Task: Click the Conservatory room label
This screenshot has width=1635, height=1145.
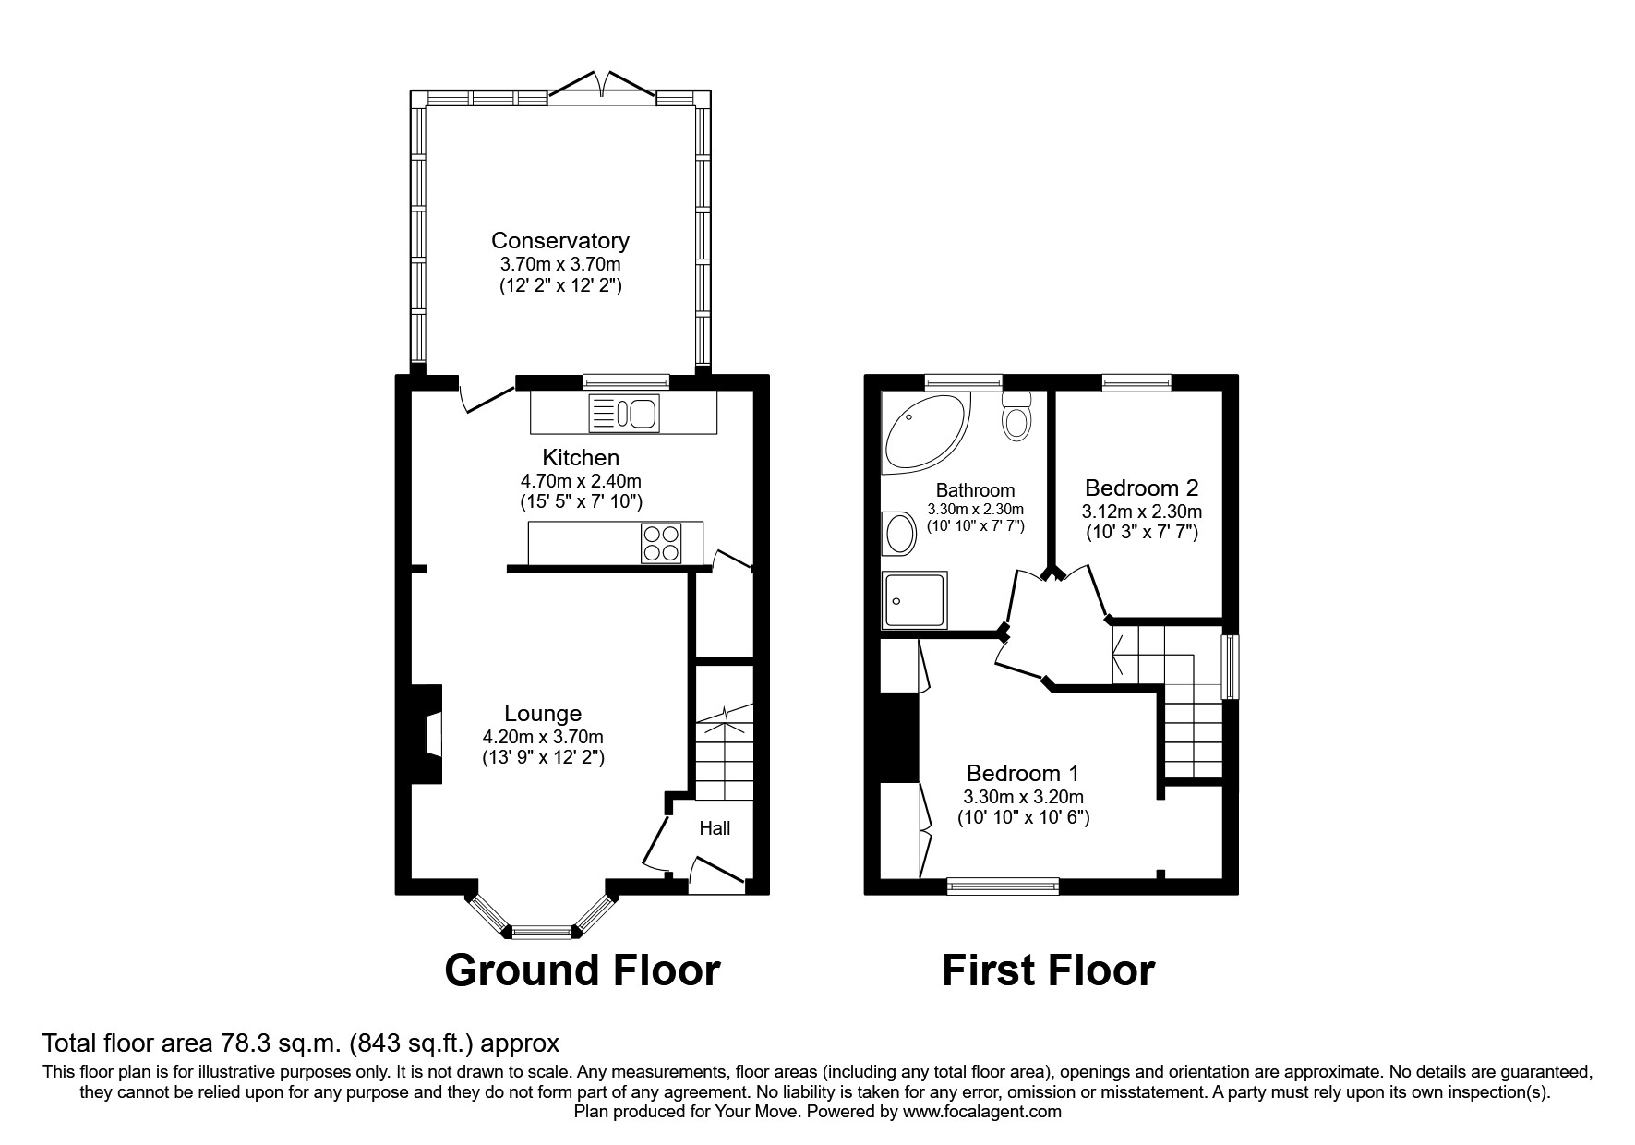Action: coord(559,241)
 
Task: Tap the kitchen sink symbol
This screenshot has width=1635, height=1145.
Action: coord(623,413)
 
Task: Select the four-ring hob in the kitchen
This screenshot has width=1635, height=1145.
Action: coord(662,542)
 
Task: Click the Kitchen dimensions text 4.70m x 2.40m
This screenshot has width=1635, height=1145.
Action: coord(581,481)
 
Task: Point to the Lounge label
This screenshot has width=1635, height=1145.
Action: coord(543,714)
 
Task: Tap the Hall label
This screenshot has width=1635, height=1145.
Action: coord(715,828)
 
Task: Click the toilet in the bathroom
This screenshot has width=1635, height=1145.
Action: coord(1016,417)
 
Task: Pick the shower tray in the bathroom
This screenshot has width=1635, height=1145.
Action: coord(914,600)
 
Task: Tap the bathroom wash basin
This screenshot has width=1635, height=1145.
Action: coord(898,534)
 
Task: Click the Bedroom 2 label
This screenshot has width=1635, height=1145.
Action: coord(1141,488)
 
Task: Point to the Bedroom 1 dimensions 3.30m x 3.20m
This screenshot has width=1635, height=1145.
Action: coord(1023,797)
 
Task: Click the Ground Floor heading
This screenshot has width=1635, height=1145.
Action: coord(582,971)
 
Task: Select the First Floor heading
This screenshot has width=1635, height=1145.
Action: coord(1048,971)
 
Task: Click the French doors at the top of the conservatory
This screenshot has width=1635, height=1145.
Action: coord(603,88)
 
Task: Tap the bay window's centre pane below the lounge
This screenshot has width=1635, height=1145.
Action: coord(543,933)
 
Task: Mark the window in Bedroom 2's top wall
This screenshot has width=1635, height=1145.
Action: coord(1136,381)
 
